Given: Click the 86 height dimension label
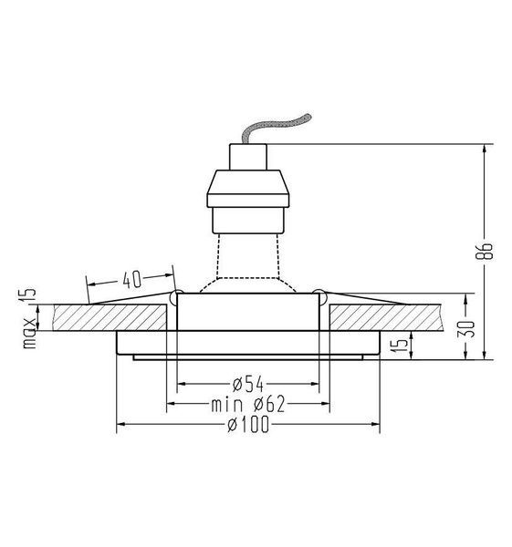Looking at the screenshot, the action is click(484, 250).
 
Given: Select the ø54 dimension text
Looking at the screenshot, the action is click(248, 384).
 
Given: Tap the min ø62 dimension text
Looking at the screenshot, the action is click(248, 404).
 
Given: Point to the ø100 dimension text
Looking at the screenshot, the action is click(248, 424).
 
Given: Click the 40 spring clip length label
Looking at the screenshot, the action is click(132, 280).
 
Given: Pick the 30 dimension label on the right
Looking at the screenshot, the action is click(466, 328).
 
